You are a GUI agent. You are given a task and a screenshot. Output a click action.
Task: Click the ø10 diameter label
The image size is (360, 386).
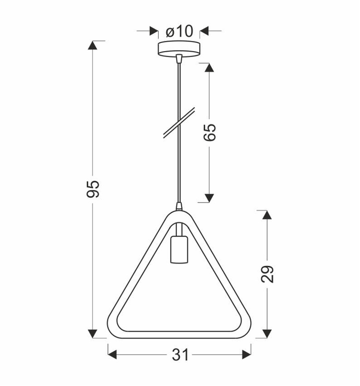(x=179, y=31)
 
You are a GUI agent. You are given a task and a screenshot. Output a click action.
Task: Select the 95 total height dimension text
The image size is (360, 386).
(x=93, y=189)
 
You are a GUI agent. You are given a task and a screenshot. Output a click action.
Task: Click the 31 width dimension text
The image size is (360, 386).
(x=180, y=355)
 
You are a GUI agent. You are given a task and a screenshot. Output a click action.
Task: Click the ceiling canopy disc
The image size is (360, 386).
(x=179, y=48)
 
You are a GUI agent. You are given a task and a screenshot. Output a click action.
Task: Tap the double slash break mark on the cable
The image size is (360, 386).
(x=179, y=124)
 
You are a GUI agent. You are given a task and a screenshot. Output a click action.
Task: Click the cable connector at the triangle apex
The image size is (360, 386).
(x=179, y=207)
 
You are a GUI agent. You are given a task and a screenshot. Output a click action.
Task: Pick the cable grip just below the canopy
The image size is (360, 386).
(x=179, y=59)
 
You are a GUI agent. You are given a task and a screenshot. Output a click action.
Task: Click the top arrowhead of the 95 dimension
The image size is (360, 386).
(x=93, y=45)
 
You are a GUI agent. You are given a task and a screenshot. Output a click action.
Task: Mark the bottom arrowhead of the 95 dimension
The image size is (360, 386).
(x=93, y=333)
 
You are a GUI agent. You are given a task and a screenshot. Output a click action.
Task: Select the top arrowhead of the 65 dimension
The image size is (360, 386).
(x=209, y=68)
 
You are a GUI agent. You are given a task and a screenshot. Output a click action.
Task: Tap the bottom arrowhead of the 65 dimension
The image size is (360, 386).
(x=209, y=197)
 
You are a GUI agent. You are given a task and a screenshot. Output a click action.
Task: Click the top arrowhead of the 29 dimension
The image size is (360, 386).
(x=267, y=215)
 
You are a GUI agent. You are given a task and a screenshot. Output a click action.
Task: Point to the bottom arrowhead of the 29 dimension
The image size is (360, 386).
(x=267, y=333)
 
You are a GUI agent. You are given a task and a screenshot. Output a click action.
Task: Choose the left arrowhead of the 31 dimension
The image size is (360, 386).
(x=112, y=355)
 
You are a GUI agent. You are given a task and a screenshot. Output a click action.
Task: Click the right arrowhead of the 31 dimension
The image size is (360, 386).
(x=246, y=355)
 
